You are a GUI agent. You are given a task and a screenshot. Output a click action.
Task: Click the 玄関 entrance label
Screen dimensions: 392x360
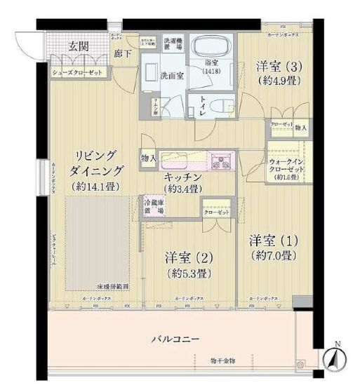(78, 47)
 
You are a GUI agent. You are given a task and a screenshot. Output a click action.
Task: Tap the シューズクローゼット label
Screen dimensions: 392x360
(78, 72)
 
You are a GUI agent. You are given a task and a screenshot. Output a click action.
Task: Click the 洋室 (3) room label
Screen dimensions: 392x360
(279, 68)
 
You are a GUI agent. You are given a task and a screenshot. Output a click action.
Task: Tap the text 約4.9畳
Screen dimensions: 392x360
(279, 81)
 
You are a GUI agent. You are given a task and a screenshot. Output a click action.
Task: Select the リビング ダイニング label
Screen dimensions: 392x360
(98, 163)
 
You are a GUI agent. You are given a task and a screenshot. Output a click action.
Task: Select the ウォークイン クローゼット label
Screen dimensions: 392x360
(286, 165)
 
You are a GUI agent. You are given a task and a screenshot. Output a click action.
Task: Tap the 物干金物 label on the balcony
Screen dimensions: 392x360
(222, 360)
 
